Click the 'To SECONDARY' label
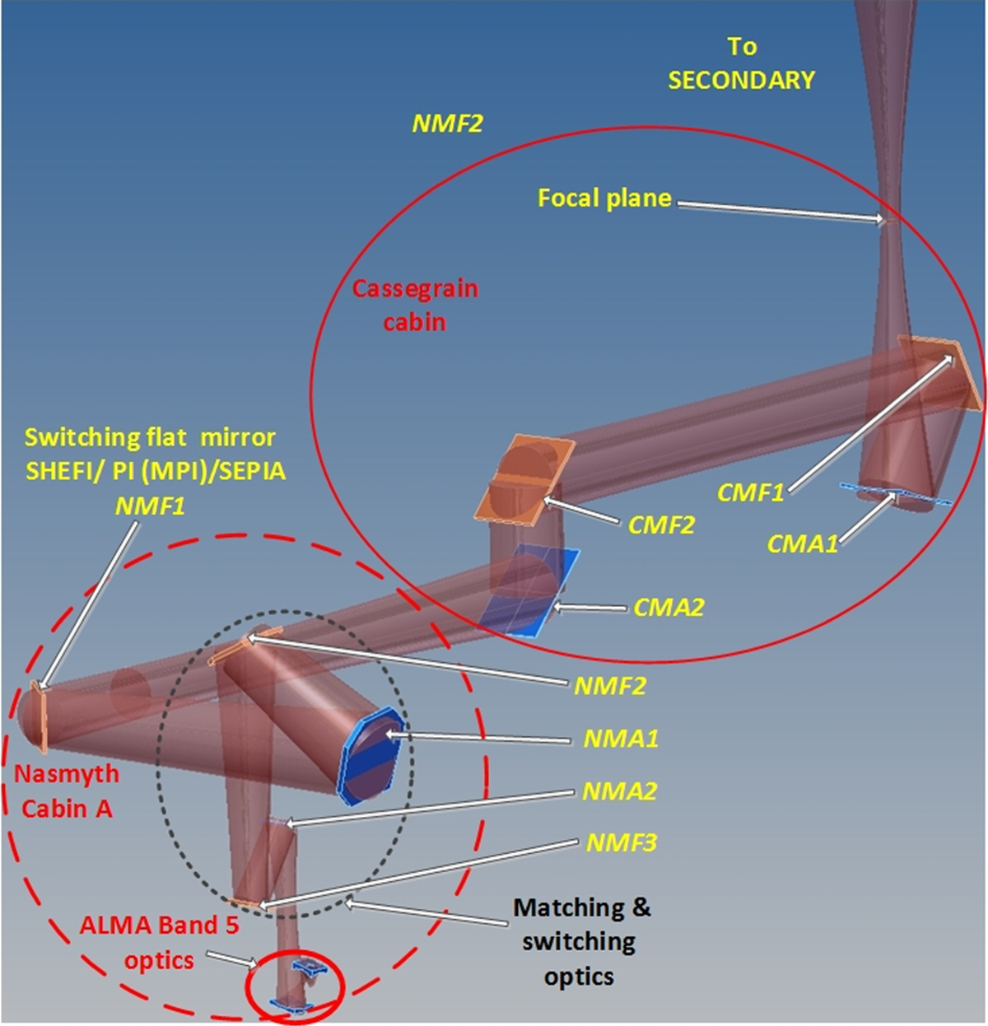[x=741, y=63]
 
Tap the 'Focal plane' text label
[x=604, y=198]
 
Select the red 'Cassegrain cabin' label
[x=415, y=305]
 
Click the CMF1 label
[x=750, y=492]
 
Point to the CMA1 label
[x=802, y=543]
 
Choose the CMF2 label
[x=661, y=525]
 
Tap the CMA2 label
[x=669, y=608]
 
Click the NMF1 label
[x=150, y=506]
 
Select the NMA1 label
[x=621, y=739]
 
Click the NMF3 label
[x=621, y=843]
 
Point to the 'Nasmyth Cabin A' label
[x=67, y=791]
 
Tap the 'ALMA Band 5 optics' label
[x=159, y=942]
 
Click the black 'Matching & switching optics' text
[x=581, y=942]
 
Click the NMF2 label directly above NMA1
[x=609, y=686]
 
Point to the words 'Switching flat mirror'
[x=150, y=436]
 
